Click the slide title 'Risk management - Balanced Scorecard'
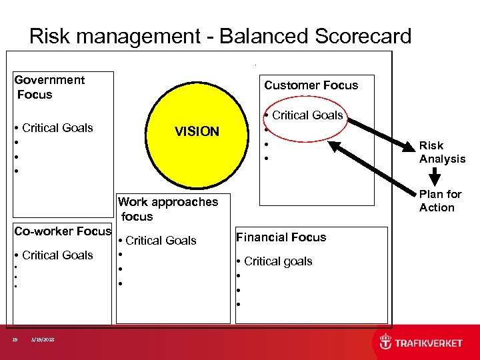[x=220, y=36]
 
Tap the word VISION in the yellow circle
[x=197, y=132]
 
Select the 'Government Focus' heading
[x=49, y=87]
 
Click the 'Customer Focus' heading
[x=311, y=85]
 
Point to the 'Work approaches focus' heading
[x=167, y=209]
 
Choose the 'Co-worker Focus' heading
[x=63, y=231]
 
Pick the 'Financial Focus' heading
[x=281, y=237]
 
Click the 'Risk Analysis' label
[x=442, y=152]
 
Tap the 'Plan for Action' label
[x=440, y=201]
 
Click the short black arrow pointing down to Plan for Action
[x=435, y=176]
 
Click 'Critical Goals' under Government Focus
[x=57, y=128]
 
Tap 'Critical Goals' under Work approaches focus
[x=161, y=241]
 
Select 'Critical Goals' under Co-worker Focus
[x=57, y=255]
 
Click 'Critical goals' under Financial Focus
[x=278, y=261]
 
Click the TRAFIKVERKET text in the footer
[x=429, y=343]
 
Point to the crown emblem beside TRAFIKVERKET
[x=386, y=343]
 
